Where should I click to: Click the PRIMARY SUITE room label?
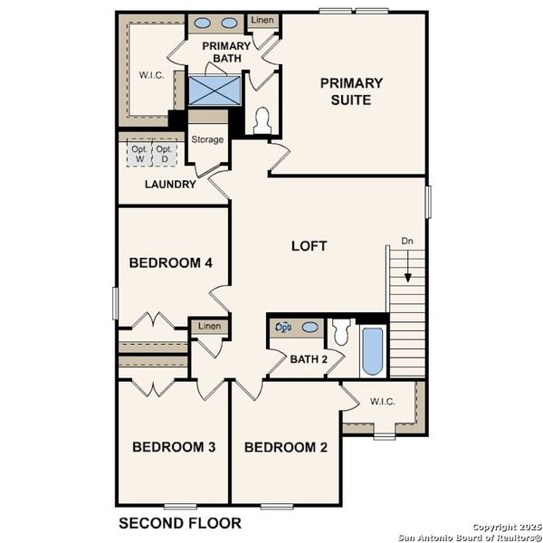pos(351,91)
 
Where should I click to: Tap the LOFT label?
pos(309,245)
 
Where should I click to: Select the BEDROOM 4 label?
pos(170,263)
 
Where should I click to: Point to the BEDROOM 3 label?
pos(173,446)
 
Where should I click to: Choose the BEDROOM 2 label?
pos(285,446)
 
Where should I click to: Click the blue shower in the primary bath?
pos(215,91)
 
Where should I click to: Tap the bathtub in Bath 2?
pos(372,351)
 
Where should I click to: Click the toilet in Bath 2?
pos(341,334)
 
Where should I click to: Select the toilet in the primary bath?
pos(263,121)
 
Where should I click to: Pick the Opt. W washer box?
pos(139,155)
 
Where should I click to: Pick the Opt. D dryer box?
pos(164,155)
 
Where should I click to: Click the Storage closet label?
pos(207,139)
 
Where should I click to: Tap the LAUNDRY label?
pos(170,185)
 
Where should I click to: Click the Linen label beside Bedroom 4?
pos(209,326)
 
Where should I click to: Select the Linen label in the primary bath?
pos(262,19)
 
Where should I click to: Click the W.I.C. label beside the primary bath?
pos(150,76)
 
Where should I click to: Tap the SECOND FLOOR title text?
pos(180,523)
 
